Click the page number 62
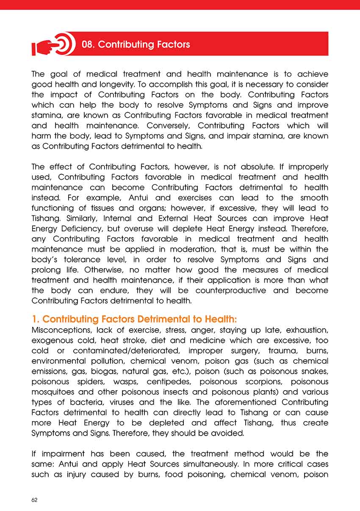[35, 500]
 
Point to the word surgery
[242, 351]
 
